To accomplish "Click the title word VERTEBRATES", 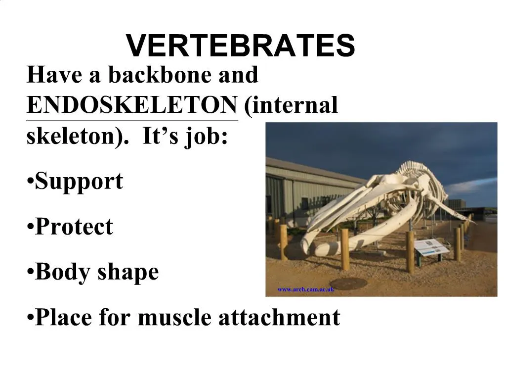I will click(x=241, y=46).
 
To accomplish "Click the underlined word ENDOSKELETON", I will click(x=132, y=105).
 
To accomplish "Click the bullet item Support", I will click(x=79, y=182).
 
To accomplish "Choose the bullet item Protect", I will click(x=74, y=227).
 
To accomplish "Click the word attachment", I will click(x=279, y=317).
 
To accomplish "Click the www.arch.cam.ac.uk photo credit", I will click(x=306, y=289).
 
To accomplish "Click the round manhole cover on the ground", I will click(x=348, y=283).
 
